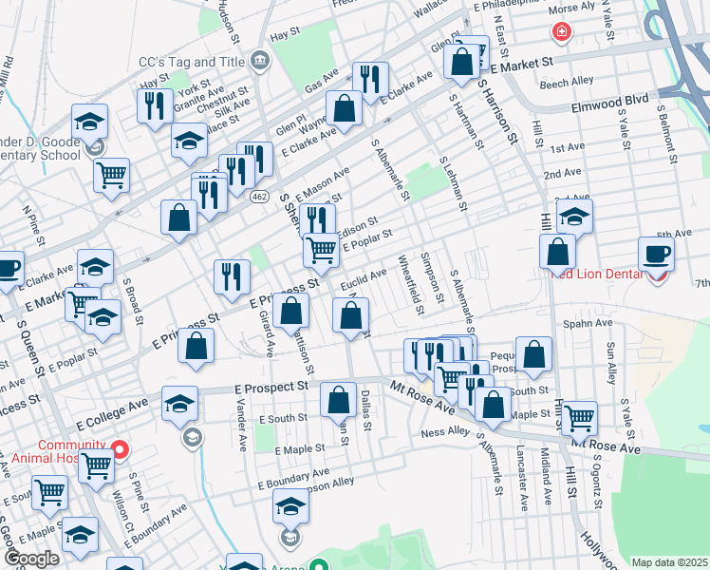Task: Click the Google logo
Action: tap(31, 559)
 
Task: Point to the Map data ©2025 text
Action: tap(669, 562)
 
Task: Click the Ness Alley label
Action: tap(445, 432)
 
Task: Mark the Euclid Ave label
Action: tap(364, 276)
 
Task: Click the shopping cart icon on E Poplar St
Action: tap(321, 250)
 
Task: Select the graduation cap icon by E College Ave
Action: tap(179, 403)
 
